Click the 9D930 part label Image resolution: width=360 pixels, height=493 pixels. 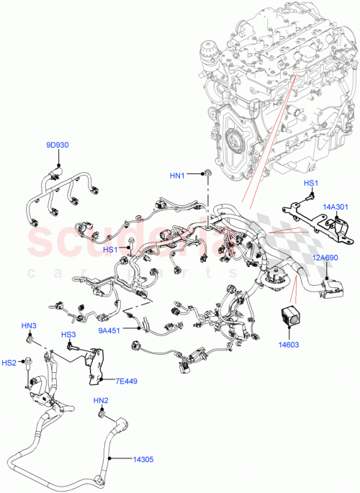click(58, 145)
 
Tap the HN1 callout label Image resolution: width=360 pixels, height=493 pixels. click(177, 175)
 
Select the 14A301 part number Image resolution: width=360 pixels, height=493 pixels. click(336, 207)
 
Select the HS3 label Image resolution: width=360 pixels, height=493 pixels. click(68, 335)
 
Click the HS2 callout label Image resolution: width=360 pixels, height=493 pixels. click(9, 362)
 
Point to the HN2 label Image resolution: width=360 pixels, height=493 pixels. click(100, 400)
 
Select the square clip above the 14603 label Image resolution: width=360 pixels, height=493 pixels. click(290, 314)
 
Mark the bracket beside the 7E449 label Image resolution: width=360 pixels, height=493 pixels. click(94, 361)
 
